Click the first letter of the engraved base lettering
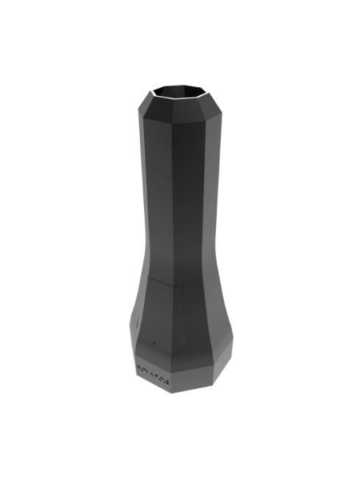(x=138, y=366)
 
